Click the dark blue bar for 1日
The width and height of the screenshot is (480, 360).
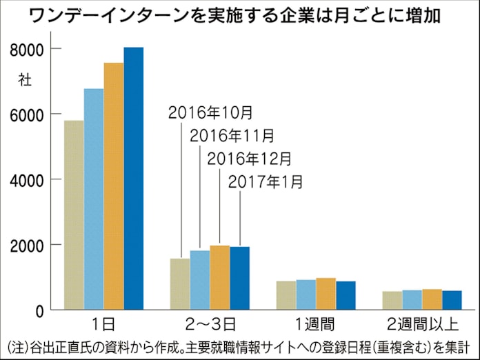click(x=134, y=179)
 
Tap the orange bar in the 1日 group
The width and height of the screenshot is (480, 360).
click(x=114, y=186)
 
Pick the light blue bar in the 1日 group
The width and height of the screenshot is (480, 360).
click(x=94, y=199)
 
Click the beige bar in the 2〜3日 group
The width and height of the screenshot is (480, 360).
click(x=180, y=284)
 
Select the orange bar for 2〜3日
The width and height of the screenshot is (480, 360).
click(x=220, y=278)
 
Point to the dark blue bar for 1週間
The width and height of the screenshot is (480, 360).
click(x=346, y=296)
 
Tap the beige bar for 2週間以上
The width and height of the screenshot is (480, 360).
click(x=392, y=301)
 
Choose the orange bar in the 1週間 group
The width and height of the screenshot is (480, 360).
click(x=326, y=294)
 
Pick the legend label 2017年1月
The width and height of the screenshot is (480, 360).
click(x=265, y=182)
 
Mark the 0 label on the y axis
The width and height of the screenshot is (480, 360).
click(x=39, y=310)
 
